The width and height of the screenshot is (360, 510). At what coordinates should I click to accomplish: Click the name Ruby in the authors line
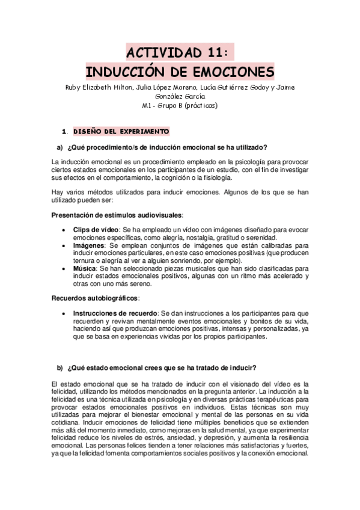coord(75,87)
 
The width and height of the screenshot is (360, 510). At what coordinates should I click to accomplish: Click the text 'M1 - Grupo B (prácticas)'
coord(180,106)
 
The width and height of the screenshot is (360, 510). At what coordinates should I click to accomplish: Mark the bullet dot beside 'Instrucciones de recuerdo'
coord(64,313)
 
